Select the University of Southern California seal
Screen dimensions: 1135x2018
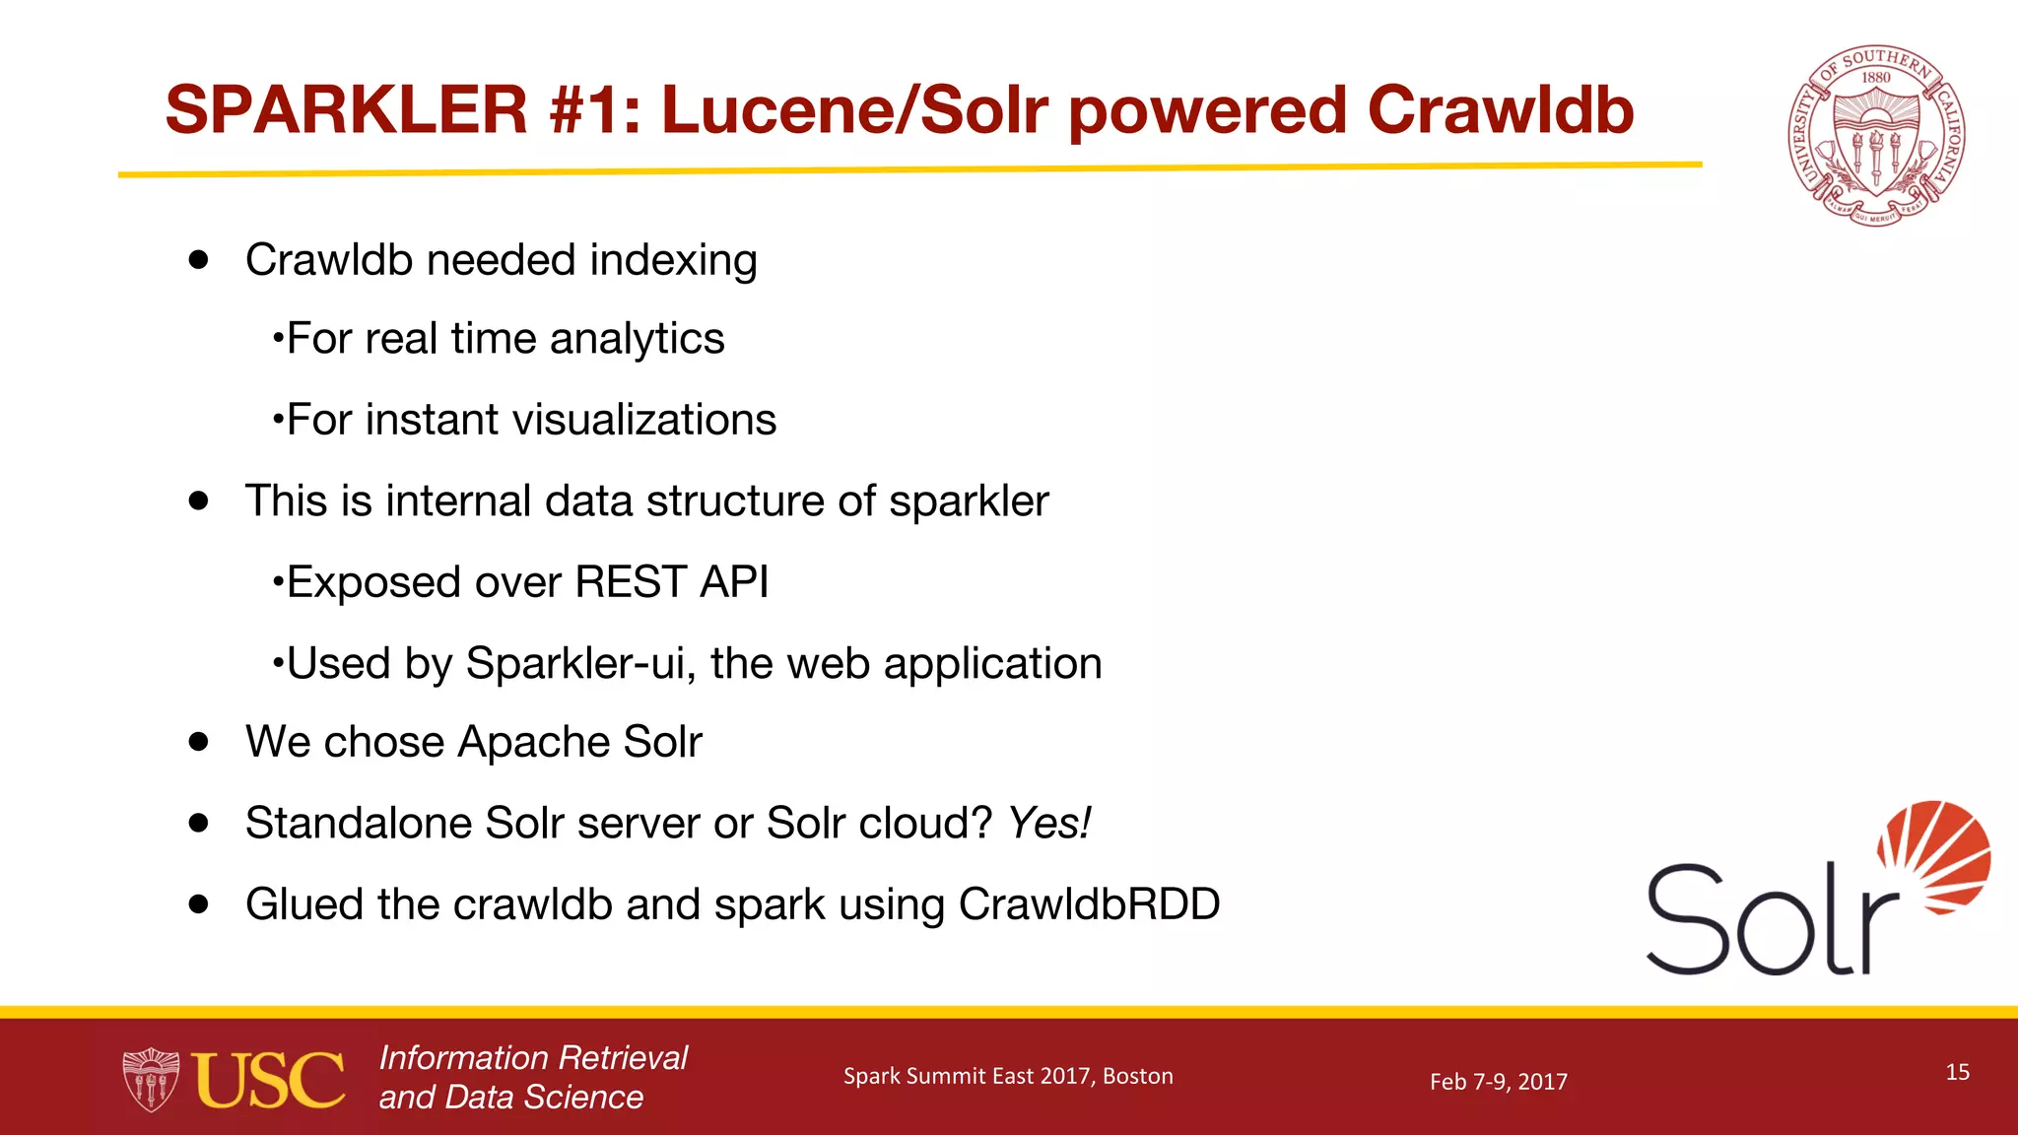[x=1876, y=136]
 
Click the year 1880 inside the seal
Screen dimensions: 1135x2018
[x=1876, y=78]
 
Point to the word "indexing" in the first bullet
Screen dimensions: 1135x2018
[x=673, y=261]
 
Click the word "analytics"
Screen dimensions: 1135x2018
[x=637, y=339]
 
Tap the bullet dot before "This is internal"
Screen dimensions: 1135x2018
[x=199, y=501]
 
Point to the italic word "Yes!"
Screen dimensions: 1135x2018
[x=1048, y=823]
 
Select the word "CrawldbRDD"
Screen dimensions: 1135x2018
[x=1089, y=904]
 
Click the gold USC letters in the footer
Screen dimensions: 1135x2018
[x=268, y=1080]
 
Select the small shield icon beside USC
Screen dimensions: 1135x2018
[x=150, y=1080]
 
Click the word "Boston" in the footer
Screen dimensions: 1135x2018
[x=1137, y=1076]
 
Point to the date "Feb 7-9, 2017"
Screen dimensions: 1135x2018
[x=1498, y=1082]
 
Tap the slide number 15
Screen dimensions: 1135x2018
[x=1957, y=1072]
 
